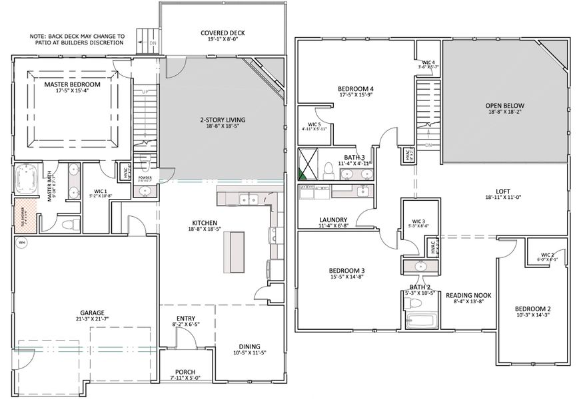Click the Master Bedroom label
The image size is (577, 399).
[x=72, y=84]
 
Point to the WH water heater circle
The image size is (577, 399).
[x=21, y=243]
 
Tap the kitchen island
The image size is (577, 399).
[x=234, y=252]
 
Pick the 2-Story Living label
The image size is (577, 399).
[x=223, y=120]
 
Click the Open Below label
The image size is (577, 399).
[x=504, y=106]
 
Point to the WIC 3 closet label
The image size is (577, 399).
[x=419, y=221]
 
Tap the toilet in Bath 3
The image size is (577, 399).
[x=328, y=171]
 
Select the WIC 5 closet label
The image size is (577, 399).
[x=313, y=124]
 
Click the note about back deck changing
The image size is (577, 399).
[x=77, y=39]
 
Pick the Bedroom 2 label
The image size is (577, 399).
[x=532, y=309]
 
